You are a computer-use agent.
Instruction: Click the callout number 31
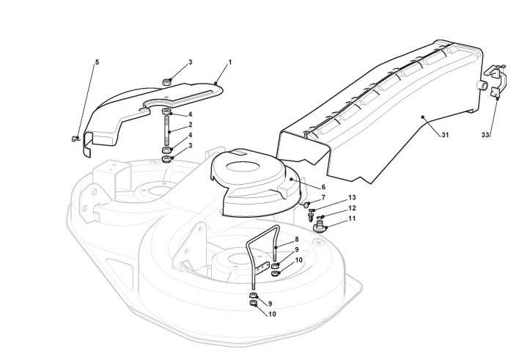(x=446, y=135)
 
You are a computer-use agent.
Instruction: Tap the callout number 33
(x=485, y=135)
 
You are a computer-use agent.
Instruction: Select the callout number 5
(x=97, y=62)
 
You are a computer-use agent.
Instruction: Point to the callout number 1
(x=229, y=62)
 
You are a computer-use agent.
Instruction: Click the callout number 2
(x=191, y=125)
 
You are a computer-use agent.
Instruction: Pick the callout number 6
(x=323, y=187)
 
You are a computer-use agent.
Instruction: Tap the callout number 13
(x=352, y=198)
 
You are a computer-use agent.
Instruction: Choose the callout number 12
(x=352, y=208)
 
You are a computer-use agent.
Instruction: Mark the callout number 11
(x=352, y=218)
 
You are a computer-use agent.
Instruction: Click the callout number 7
(x=323, y=198)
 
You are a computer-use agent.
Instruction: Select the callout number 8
(x=296, y=239)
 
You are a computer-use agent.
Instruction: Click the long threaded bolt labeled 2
(x=169, y=132)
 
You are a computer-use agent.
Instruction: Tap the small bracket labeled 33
(x=495, y=81)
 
